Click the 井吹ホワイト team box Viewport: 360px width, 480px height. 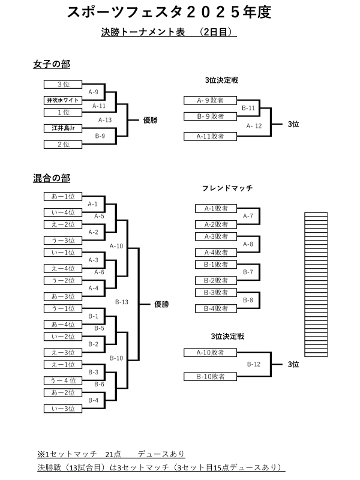[x=63, y=100]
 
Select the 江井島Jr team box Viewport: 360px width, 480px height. [x=63, y=128]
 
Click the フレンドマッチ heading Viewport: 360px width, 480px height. [x=229, y=188]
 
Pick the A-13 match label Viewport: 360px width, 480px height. [x=104, y=119]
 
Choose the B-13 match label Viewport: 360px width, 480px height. [x=122, y=302]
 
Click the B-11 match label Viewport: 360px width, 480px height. [x=248, y=108]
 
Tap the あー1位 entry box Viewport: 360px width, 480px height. [x=63, y=196]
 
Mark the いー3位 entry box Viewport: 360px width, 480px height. [x=63, y=408]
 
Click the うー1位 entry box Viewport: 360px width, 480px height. [x=63, y=308]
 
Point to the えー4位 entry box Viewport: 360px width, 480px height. [x=63, y=268]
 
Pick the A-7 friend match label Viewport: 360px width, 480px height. [x=248, y=215]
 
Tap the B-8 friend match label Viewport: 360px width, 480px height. [x=248, y=300]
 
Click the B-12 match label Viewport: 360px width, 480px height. [x=254, y=364]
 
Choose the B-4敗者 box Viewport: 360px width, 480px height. [x=217, y=308]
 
